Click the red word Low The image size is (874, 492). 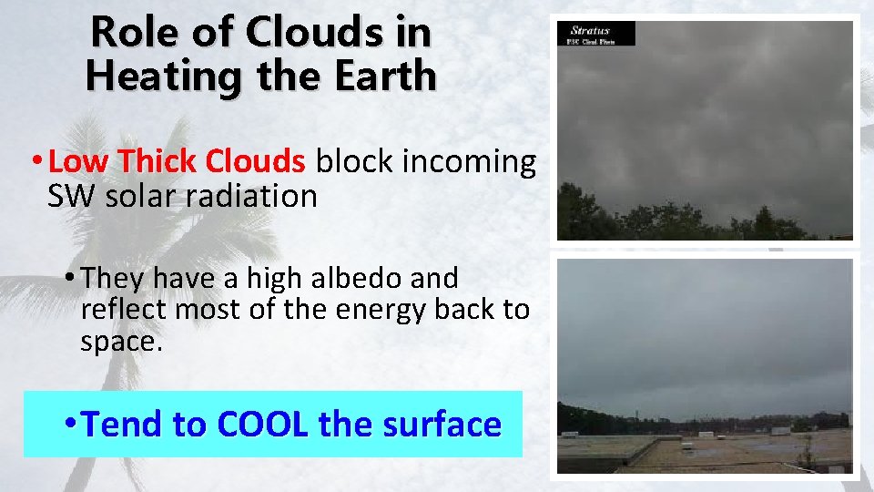[x=78, y=162]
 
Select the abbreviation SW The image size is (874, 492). [x=72, y=196]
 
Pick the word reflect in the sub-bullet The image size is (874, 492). [x=124, y=310]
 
